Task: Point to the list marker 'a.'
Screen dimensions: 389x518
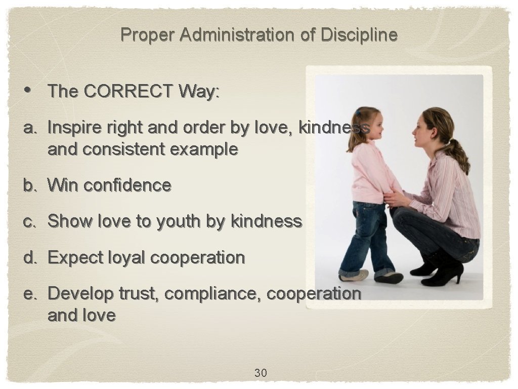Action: click(x=31, y=129)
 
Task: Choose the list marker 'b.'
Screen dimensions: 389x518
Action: click(x=31, y=185)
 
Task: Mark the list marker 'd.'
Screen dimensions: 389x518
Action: click(x=31, y=257)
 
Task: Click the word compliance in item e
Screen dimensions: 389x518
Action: click(x=215, y=294)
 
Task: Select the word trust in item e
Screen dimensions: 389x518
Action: click(x=140, y=294)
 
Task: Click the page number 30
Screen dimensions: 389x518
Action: click(x=261, y=373)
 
